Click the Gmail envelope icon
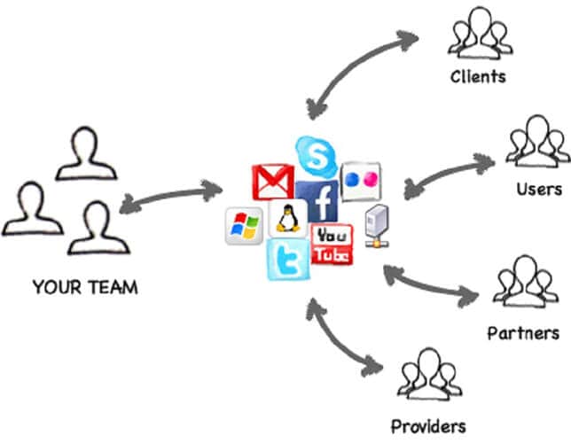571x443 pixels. click(x=271, y=181)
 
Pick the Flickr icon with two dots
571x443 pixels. click(x=361, y=178)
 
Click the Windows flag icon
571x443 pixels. click(x=243, y=227)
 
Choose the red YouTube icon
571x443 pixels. click(x=332, y=245)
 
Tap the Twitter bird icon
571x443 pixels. click(x=289, y=259)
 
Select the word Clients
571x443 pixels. click(x=477, y=76)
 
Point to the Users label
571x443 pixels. click(x=539, y=190)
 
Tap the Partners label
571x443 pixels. click(x=523, y=333)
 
